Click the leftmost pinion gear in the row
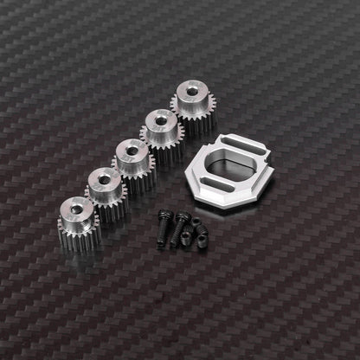(x=78, y=221)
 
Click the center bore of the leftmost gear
(x=76, y=209)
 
